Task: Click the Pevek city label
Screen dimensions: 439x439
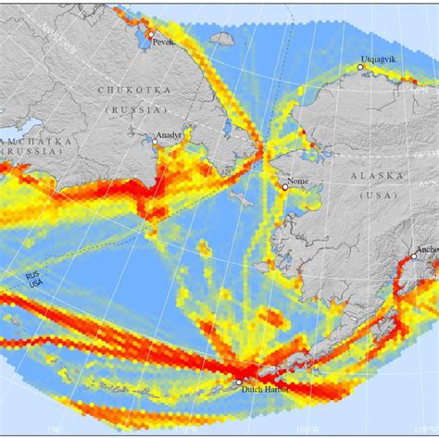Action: [164, 42]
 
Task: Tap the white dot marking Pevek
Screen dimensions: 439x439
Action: [148, 34]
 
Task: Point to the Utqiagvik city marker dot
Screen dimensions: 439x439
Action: [360, 68]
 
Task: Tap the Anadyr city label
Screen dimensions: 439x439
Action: [169, 135]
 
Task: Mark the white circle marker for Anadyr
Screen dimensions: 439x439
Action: [155, 142]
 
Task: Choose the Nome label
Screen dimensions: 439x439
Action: [298, 182]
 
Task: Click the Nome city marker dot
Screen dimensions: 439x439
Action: [285, 187]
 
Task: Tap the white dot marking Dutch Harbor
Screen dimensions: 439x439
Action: [238, 383]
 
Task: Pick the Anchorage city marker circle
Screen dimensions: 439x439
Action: [413, 257]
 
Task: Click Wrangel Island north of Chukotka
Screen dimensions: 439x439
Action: [221, 40]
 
